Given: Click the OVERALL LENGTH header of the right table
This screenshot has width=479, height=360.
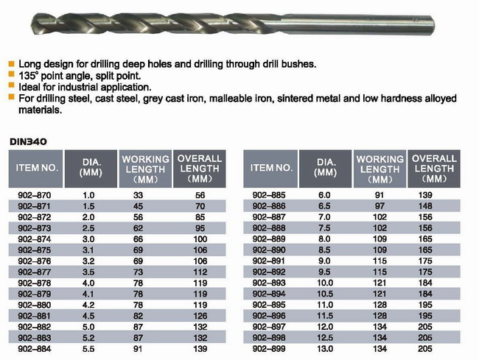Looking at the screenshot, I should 435,168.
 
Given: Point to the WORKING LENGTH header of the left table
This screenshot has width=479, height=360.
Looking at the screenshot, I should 146,168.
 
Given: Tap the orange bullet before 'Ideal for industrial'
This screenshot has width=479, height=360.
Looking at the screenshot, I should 11,86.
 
